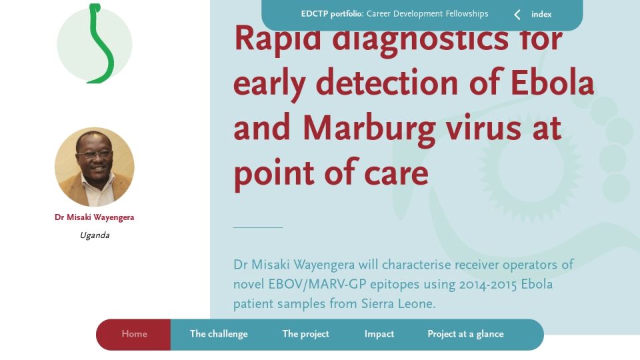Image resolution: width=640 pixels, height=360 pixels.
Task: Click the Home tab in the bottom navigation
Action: click(134, 334)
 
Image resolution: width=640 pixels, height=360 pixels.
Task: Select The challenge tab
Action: click(219, 334)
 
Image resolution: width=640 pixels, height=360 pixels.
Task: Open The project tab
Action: click(306, 334)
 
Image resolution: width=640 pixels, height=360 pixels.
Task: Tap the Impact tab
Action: click(379, 334)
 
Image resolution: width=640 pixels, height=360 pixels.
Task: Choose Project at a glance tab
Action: click(465, 334)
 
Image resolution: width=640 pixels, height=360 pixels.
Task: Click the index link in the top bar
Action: click(541, 14)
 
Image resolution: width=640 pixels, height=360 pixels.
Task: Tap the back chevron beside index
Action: click(517, 15)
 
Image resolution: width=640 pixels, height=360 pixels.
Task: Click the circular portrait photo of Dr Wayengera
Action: click(94, 167)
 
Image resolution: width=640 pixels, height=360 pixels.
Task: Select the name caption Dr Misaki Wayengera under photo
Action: click(94, 217)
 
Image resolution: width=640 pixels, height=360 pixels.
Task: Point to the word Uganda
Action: click(95, 235)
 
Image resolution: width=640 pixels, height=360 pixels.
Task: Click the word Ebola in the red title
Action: click(553, 83)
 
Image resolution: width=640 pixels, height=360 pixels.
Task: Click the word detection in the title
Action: click(387, 83)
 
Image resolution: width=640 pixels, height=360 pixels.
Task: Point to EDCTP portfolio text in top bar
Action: click(332, 14)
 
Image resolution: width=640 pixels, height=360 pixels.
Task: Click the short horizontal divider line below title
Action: click(258, 227)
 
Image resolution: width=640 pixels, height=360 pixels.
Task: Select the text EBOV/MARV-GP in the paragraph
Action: click(317, 284)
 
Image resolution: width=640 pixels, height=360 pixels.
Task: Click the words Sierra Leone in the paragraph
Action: click(399, 304)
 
